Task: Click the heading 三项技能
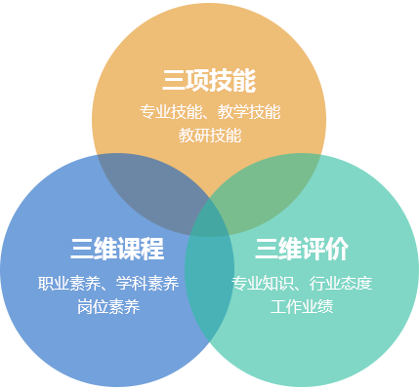point(209,81)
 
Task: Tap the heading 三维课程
point(117,249)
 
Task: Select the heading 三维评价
point(302,249)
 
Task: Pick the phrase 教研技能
point(210,136)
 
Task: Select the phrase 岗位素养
point(108,307)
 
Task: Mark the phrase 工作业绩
point(302,307)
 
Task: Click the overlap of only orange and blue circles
point(153,192)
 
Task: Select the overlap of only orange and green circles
point(267,192)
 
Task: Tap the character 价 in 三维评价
point(337,249)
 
